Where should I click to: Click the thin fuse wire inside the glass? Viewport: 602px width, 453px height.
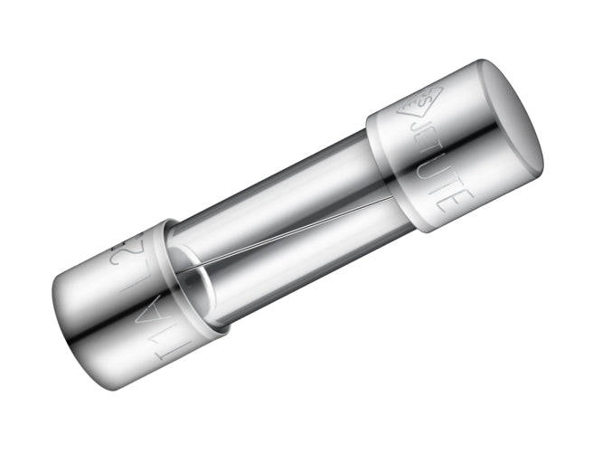coord(289,233)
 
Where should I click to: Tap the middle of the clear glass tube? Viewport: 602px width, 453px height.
coord(280,226)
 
